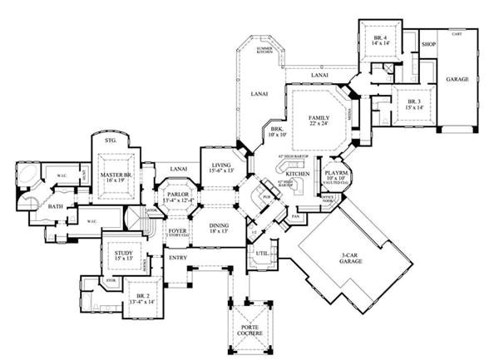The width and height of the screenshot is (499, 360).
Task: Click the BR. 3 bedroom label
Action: pos(409,103)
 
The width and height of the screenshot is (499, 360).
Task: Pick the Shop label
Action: pos(429,43)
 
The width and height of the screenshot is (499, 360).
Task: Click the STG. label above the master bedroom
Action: pos(110,141)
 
